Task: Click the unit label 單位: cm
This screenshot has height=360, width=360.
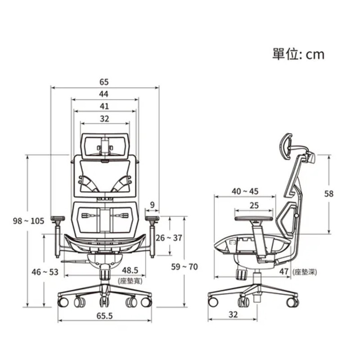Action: click(298, 54)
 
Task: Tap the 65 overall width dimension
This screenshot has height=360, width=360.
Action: click(104, 82)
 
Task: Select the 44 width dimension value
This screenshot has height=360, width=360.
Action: click(104, 94)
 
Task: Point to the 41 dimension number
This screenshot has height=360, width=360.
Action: click(104, 106)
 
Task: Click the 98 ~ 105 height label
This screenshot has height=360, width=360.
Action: click(28, 221)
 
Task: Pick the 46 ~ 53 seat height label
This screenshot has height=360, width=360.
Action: click(45, 272)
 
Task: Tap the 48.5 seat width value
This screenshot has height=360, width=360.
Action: click(130, 270)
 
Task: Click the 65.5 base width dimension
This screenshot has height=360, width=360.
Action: click(105, 316)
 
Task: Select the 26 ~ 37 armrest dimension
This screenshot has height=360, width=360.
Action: click(169, 238)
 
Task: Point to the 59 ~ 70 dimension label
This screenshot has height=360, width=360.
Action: click(184, 267)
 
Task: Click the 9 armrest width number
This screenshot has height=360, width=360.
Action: click(153, 205)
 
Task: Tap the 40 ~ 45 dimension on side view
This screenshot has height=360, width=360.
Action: click(245, 191)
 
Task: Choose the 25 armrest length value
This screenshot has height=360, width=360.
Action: click(254, 205)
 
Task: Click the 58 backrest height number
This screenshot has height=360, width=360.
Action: click(328, 194)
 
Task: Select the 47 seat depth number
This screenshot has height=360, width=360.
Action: click(284, 272)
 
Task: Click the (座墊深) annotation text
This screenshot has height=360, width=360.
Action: click(305, 272)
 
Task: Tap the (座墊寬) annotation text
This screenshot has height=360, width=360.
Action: click(130, 281)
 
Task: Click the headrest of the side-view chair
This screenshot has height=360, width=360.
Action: click(285, 146)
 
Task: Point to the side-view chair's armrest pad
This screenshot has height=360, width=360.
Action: click(254, 218)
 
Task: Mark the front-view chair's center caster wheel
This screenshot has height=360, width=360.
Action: click(104, 301)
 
